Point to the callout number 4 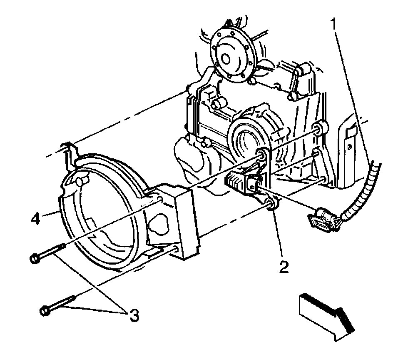pos(37,218)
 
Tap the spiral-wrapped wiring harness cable pos(366,190)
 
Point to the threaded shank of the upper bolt pos(53,251)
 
